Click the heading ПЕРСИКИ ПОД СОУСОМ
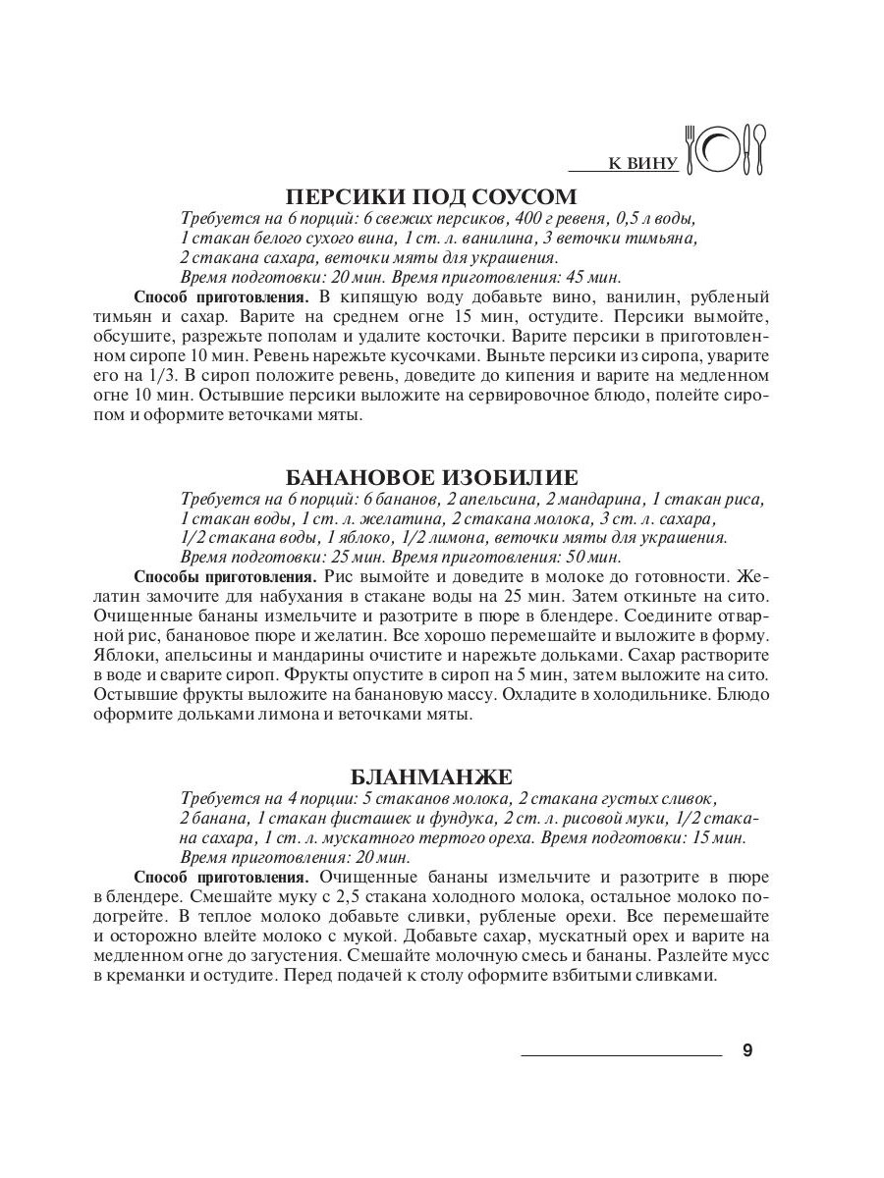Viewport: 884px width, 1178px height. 431,195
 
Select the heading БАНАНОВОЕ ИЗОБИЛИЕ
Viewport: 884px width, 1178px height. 431,477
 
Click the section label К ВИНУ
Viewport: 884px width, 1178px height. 643,163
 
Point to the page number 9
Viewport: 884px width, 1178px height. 747,1051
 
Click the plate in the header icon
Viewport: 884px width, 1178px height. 722,149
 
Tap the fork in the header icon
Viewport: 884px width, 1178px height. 691,149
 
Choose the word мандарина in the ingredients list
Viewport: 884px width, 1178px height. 606,498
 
